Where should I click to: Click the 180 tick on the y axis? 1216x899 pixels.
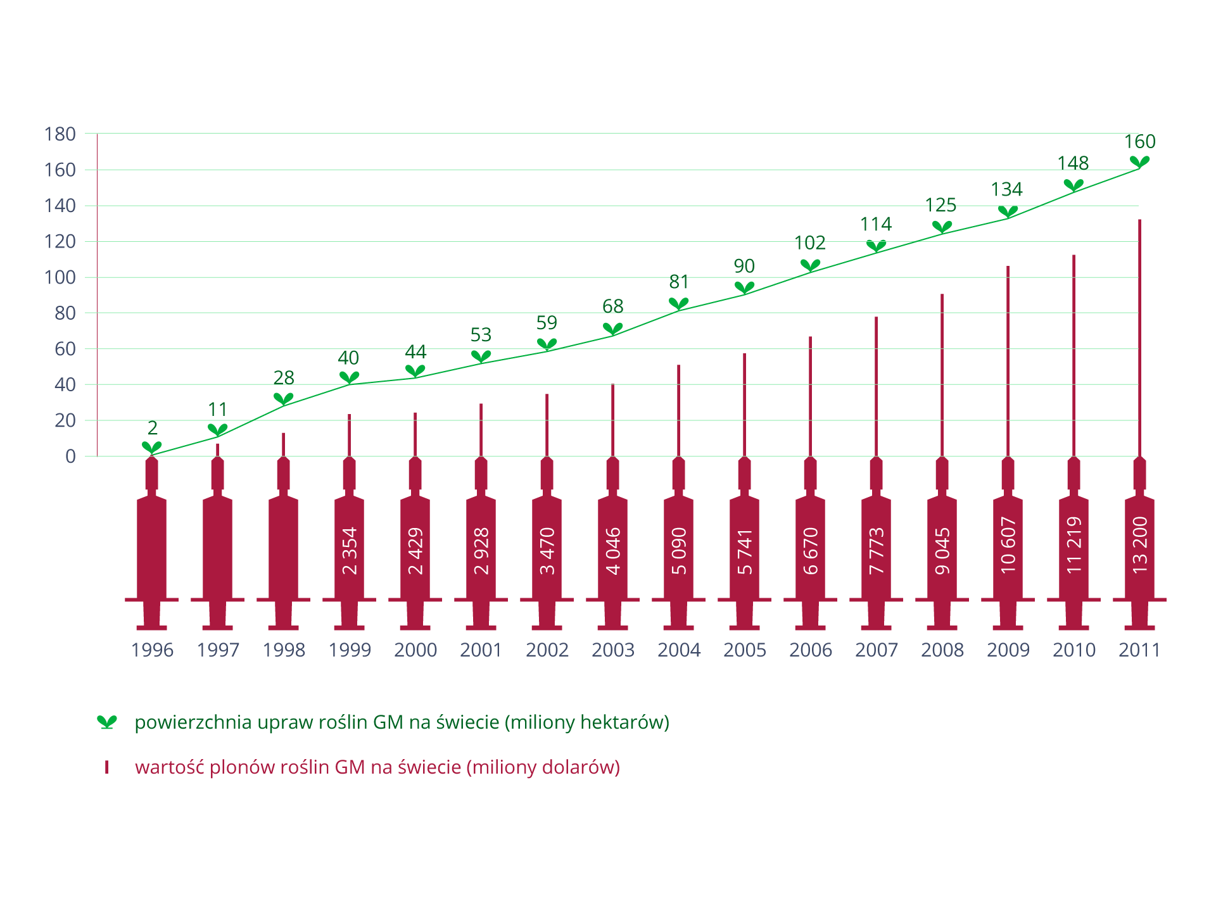(x=60, y=134)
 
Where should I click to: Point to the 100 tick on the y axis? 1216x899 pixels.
(x=60, y=277)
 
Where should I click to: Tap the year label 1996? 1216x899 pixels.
(x=152, y=650)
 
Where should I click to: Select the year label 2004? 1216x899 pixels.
(x=679, y=650)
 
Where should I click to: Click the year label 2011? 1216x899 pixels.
(x=1139, y=650)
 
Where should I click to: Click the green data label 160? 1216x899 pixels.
(x=1139, y=142)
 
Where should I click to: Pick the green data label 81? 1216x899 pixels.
(x=679, y=282)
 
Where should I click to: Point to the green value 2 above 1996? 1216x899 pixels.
(x=152, y=428)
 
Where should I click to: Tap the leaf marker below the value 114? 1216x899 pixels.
(x=876, y=246)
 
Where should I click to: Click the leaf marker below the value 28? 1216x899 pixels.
(x=284, y=399)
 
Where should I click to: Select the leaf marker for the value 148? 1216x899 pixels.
(x=1073, y=185)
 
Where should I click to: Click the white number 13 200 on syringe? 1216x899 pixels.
(x=1139, y=546)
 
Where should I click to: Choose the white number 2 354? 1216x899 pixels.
(x=350, y=551)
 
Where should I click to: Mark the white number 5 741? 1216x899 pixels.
(x=745, y=551)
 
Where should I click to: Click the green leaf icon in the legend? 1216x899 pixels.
(x=107, y=722)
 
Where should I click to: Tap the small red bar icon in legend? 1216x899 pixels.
(x=107, y=767)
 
